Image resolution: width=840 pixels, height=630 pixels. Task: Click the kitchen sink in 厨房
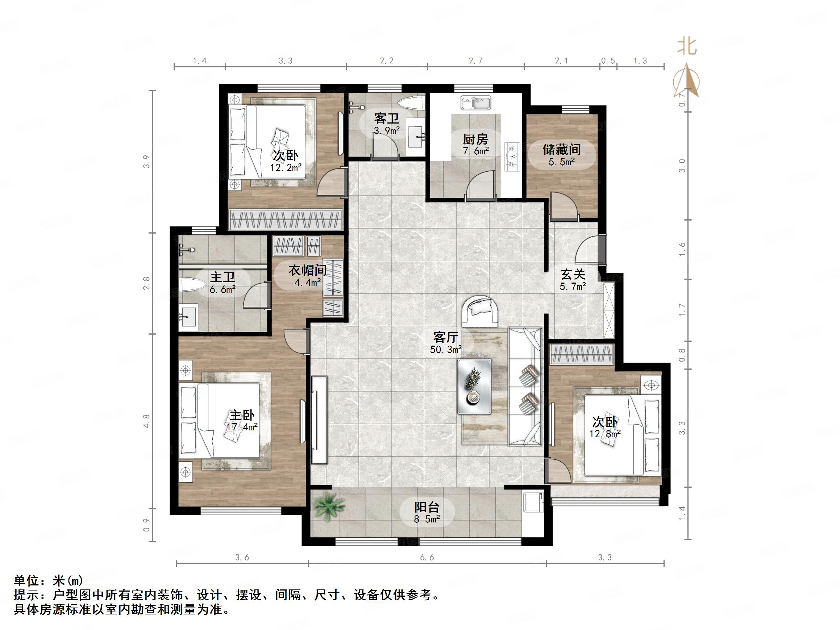[476, 103]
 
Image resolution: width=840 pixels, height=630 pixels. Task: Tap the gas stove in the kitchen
[512, 156]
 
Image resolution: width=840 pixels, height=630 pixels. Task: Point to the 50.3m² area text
[446, 349]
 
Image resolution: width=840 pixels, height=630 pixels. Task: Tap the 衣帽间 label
[308, 270]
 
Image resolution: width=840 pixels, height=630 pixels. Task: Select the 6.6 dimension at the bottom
[427, 558]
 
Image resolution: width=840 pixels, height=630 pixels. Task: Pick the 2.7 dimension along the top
[475, 61]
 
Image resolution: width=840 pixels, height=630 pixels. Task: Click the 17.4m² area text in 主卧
[242, 427]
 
